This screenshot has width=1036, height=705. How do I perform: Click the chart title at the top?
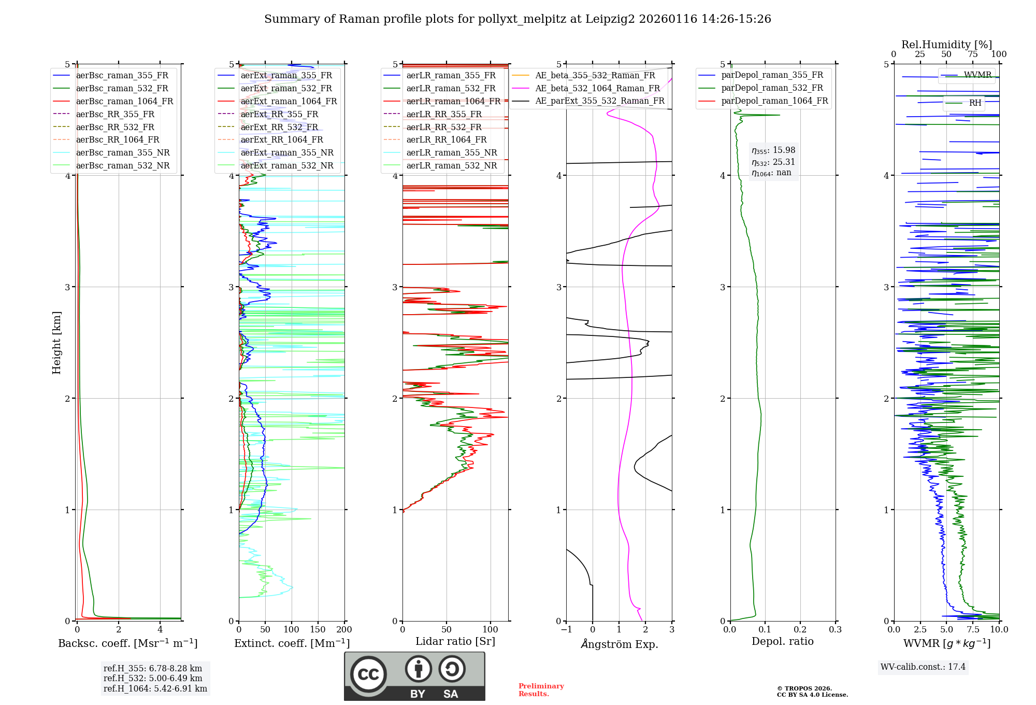517,19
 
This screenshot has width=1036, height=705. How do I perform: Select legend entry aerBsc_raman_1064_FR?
124,102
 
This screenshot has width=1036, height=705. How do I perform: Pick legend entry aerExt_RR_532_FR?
279,127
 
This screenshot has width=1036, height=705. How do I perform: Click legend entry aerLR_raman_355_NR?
451,153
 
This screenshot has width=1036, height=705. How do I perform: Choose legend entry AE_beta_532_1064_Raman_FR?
597,89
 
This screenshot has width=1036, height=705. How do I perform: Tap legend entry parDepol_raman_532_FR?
772,88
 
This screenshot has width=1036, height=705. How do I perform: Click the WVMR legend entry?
977,75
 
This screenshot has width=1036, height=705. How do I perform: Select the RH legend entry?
975,103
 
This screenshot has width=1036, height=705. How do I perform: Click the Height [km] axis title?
56,343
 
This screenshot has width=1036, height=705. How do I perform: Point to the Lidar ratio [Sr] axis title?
455,641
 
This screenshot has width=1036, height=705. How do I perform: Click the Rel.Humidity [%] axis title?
946,45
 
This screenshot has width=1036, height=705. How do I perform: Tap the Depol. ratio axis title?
782,641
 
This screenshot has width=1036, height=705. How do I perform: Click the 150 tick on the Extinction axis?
318,630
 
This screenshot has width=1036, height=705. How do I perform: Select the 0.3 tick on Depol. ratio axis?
835,630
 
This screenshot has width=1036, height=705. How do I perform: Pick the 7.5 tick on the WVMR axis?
973,630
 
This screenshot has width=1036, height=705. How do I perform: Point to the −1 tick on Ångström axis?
566,630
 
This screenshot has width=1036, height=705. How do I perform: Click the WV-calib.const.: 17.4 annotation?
923,667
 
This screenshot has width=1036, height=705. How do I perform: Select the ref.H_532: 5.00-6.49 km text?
153,678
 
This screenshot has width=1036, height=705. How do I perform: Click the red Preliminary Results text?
541,690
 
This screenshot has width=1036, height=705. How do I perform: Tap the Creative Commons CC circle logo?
368,674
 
